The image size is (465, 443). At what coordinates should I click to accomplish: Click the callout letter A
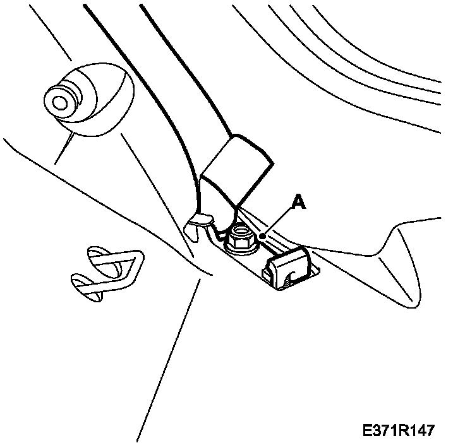pos(298,202)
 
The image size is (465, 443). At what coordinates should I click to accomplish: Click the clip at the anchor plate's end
pos(289,265)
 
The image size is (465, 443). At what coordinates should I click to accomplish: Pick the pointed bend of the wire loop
pos(138,257)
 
